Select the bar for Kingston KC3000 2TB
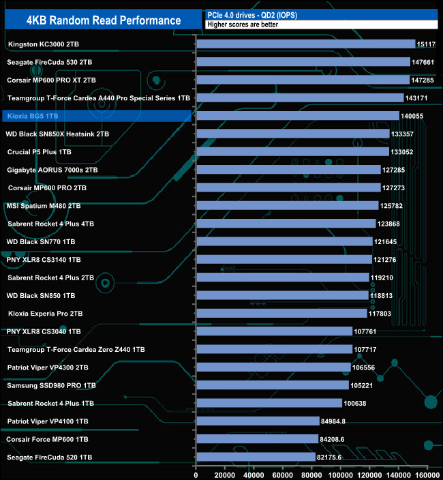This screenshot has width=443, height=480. coord(305,44)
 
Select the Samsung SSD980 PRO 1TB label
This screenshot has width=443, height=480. coord(51,385)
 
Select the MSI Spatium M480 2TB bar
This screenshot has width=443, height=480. coord(287,205)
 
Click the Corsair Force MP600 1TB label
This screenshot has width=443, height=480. coord(48,438)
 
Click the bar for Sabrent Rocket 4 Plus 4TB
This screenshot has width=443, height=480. coord(286,224)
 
